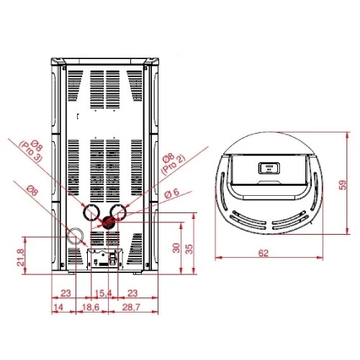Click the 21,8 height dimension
[x=21, y=257]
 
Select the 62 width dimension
[x=263, y=253]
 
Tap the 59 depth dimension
[x=343, y=185]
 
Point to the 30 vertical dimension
[x=176, y=248]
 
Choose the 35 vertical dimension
[x=189, y=249]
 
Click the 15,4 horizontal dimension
[x=104, y=293]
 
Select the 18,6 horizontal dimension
[x=91, y=307]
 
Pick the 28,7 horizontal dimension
[x=131, y=307]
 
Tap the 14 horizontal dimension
[x=59, y=307]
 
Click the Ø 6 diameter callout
[x=172, y=193]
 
